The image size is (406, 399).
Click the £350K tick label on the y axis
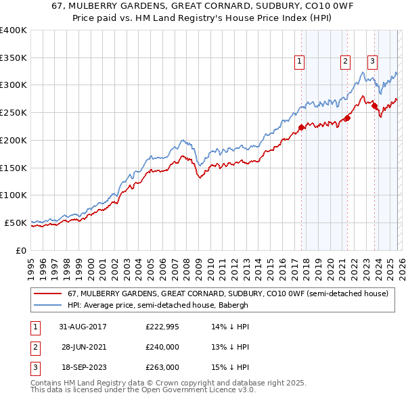tap(14, 58)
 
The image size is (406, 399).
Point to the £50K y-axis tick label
tap(16, 222)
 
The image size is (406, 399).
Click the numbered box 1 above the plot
tap(300, 62)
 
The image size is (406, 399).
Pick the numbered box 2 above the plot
tap(345, 62)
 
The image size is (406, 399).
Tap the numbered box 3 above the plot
tap(372, 62)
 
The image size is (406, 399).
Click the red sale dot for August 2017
tap(302, 127)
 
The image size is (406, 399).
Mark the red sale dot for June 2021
tap(347, 118)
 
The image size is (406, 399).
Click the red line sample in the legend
tap(47, 294)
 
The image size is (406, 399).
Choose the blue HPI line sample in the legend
tap(47, 305)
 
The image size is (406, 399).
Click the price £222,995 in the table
tap(162, 327)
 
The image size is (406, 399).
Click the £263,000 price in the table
tap(162, 367)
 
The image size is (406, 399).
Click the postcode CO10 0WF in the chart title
tap(281, 5)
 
